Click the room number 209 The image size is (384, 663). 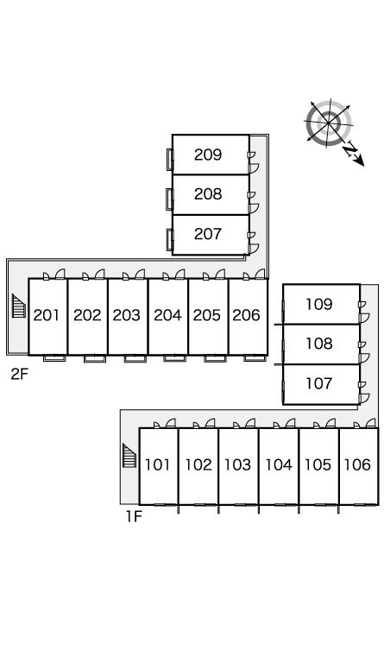click(x=208, y=155)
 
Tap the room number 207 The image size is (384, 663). click(x=208, y=234)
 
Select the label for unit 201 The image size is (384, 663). click(x=47, y=315)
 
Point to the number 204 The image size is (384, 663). click(x=167, y=315)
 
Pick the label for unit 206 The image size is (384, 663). click(x=246, y=315)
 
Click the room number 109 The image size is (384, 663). click(x=319, y=304)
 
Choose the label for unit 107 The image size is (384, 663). click(x=319, y=383)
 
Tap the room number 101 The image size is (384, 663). click(x=158, y=464)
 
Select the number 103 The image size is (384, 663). click(x=238, y=464)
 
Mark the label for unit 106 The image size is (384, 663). click(x=357, y=464)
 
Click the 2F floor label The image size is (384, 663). click(x=20, y=374)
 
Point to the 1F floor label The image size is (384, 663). click(x=135, y=517)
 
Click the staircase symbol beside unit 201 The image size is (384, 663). click(x=19, y=306)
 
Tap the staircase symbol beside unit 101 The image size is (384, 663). click(x=129, y=456)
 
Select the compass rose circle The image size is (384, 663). click(x=329, y=123)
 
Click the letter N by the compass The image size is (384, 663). click(x=350, y=150)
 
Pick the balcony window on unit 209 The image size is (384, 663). click(x=170, y=160)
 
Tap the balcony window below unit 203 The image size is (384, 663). click(x=135, y=358)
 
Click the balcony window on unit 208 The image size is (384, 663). click(x=170, y=199)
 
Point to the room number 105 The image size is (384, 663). click(x=318, y=464)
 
